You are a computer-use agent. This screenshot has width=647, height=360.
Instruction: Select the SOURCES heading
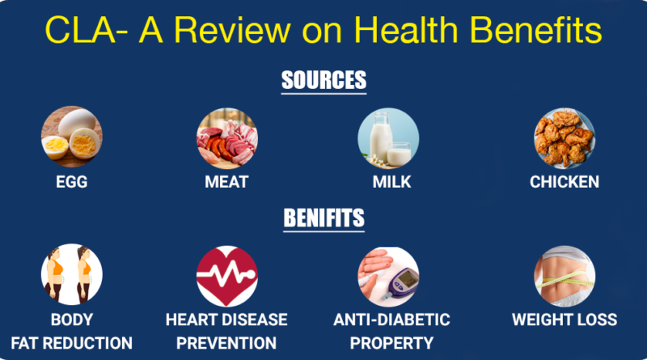pos(323,81)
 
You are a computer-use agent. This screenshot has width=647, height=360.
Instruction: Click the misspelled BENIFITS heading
pos(323,218)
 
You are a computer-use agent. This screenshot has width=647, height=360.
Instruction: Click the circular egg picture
pos(71,138)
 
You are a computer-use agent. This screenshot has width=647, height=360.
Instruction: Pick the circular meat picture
pos(226,138)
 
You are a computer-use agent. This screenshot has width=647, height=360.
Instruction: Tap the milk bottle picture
pos(388,138)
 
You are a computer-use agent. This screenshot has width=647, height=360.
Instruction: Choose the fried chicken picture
pos(564,138)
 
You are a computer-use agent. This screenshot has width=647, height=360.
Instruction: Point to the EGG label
pos(71,182)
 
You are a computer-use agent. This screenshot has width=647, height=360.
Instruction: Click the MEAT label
pos(226,182)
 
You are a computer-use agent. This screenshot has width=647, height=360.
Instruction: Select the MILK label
pos(391,182)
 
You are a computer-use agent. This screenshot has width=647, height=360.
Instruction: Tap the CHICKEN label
pos(565,182)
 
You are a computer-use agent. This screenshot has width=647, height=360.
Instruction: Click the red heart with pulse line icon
pos(226,275)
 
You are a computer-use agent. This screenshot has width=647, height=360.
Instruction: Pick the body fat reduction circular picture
pos(71,275)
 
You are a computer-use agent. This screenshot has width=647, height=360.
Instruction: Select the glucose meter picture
pos(388,275)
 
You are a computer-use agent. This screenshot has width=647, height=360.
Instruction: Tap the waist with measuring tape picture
pos(564,275)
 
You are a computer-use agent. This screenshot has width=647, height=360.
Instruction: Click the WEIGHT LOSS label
pos(564,320)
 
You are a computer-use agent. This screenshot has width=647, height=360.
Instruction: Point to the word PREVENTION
pos(226,343)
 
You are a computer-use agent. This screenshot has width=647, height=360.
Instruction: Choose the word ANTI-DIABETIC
pos(391,320)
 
